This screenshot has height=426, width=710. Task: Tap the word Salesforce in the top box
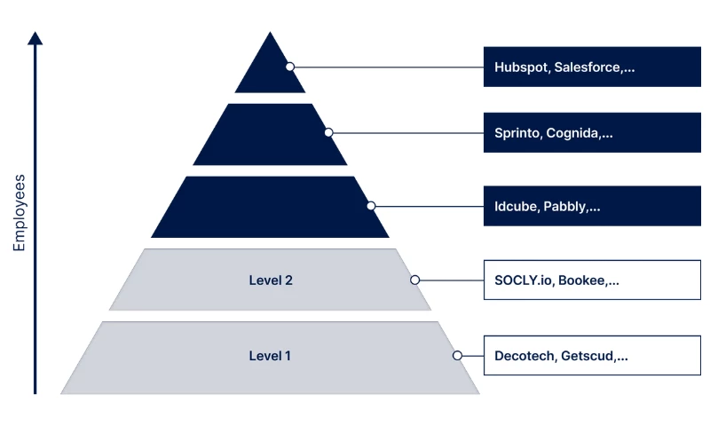coord(588,67)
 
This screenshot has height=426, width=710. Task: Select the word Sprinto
coord(517,134)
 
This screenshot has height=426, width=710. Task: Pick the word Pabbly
coord(567,207)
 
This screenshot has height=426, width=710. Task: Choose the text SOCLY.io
coord(524,280)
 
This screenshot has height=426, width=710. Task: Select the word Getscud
coord(589,356)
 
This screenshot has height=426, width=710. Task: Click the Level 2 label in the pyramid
coord(271,280)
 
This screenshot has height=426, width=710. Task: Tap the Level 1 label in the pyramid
coord(270,356)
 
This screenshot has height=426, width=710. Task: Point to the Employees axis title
coord(20,213)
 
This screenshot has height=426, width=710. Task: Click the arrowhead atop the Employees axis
coord(35,38)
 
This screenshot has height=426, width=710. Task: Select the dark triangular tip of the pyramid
coord(270,67)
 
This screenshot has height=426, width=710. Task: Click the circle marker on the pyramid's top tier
coord(289,67)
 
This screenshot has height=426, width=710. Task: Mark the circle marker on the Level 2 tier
coord(414,280)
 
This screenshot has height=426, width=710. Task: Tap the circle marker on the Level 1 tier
coord(457,355)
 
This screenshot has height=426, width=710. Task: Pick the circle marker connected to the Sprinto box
coord(328,132)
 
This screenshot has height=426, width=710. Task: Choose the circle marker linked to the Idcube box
coord(371,206)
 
